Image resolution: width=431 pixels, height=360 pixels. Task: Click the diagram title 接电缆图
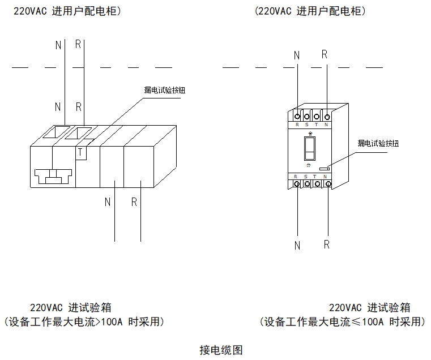pyautogui.click(x=221, y=350)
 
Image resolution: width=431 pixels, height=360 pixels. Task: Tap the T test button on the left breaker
pyautogui.click(x=80, y=152)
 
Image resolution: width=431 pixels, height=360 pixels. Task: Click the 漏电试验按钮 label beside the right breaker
pyautogui.click(x=378, y=143)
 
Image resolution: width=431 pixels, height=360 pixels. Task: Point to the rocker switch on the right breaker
pyautogui.click(x=309, y=148)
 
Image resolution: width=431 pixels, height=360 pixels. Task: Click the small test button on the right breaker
pyautogui.click(x=325, y=168)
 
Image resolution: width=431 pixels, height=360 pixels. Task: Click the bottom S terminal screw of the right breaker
pyautogui.click(x=307, y=184)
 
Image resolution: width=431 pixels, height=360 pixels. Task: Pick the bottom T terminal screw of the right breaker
pyautogui.click(x=317, y=184)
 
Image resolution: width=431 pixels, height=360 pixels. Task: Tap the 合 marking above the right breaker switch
pyautogui.click(x=309, y=134)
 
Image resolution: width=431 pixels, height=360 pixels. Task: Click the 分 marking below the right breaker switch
pyautogui.click(x=309, y=165)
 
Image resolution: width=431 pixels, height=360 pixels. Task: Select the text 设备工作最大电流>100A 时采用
pyautogui.click(x=84, y=322)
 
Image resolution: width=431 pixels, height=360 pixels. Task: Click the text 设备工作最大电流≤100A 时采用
pyautogui.click(x=343, y=322)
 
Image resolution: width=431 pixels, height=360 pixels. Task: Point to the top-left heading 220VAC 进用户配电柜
pyautogui.click(x=67, y=11)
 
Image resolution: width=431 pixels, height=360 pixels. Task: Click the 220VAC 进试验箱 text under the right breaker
pyautogui.click(x=369, y=308)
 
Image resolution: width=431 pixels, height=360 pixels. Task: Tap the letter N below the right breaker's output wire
pyautogui.click(x=297, y=246)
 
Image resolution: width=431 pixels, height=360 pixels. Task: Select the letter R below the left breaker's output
pyautogui.click(x=134, y=202)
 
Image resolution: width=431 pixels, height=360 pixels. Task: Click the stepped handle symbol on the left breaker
pyautogui.click(x=53, y=176)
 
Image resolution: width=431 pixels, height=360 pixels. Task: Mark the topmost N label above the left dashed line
pyautogui.click(x=58, y=45)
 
